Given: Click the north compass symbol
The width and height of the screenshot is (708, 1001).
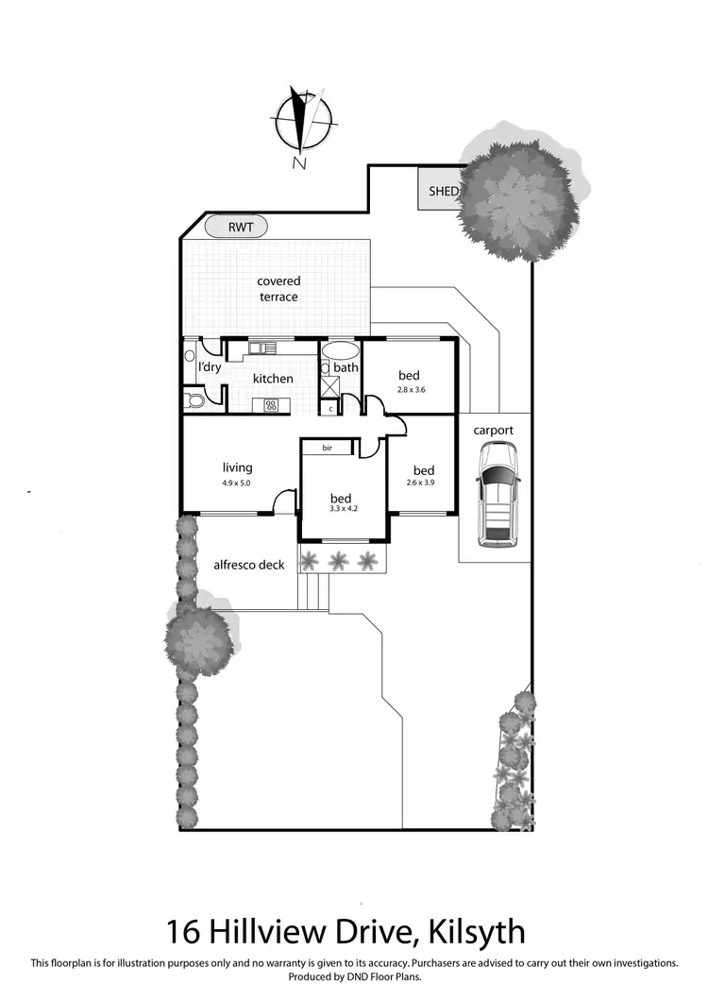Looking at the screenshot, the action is point(303,123).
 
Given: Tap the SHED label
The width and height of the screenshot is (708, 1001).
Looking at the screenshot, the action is point(443,191).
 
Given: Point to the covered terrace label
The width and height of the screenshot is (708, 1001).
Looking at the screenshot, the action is point(278,289).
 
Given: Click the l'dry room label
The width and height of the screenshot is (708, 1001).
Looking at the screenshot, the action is point(210,367).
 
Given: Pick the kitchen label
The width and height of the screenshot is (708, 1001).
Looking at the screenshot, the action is point(273,379).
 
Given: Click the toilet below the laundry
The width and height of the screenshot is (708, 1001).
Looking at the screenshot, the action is point(194,401).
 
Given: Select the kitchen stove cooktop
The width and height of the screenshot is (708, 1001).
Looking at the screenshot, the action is point(271,405).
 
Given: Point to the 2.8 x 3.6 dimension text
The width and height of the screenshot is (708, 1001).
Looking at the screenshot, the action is point(409,390).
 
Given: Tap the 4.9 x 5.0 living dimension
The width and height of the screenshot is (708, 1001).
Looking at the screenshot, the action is point(237,483).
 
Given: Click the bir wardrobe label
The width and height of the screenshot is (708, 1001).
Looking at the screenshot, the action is point(328,448).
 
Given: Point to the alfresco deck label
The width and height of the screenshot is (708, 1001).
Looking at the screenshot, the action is point(249,566).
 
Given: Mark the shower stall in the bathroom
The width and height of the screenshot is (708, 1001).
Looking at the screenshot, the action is point(331,385).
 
